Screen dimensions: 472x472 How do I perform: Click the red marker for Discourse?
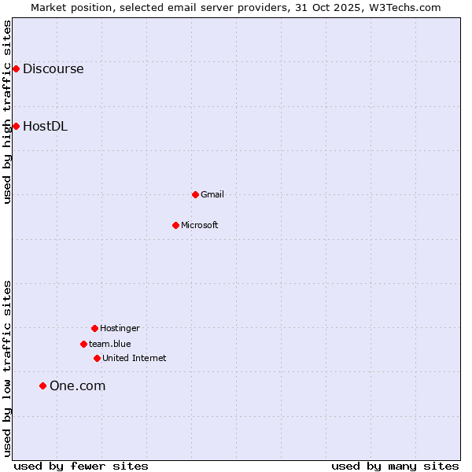[16, 69]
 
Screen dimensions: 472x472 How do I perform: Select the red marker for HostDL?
[16, 126]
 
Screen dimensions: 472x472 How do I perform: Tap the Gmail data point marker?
[195, 194]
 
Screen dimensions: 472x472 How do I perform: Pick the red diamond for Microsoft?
[175, 225]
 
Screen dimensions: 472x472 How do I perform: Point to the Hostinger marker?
[94, 328]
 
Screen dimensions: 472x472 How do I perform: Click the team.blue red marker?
[83, 344]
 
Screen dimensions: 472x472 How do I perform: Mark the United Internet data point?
[97, 358]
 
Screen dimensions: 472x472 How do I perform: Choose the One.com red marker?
[42, 385]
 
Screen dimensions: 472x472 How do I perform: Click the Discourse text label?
[53, 69]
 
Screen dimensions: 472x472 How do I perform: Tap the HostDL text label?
[45, 126]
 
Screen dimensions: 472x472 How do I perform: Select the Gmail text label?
[212, 194]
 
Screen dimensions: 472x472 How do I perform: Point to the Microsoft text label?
[200, 225]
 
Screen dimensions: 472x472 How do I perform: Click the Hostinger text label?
[120, 328]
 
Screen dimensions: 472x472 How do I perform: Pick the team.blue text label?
[110, 344]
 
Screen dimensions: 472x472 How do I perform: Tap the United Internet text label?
[135, 358]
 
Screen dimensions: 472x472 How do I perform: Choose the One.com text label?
[77, 385]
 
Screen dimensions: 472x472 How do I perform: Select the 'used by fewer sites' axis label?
[81, 466]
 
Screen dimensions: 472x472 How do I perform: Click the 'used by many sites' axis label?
[395, 466]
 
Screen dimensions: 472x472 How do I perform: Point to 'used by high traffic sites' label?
[7, 112]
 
